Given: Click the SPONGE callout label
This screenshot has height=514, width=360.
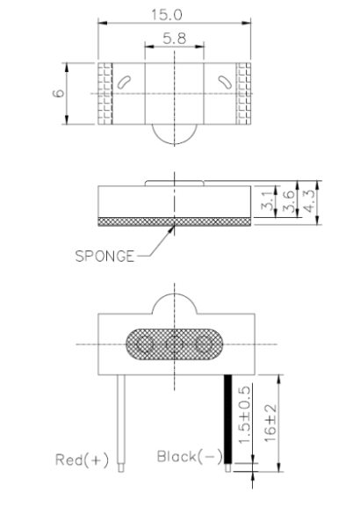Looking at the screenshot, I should pyautogui.click(x=104, y=257).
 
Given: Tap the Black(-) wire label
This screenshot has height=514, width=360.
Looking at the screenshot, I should pyautogui.click(x=188, y=456).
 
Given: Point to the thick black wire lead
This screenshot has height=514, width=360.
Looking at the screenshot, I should pyautogui.click(x=229, y=417).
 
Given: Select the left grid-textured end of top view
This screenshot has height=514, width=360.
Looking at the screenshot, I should pyautogui.click(x=107, y=92).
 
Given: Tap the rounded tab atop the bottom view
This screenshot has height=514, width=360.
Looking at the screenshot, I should pyautogui.click(x=175, y=305).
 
